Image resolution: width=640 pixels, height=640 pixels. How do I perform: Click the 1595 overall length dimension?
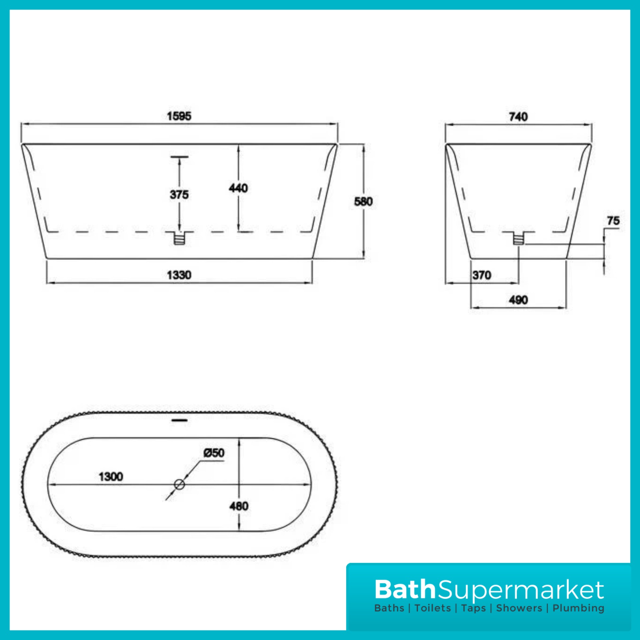coord(179,116)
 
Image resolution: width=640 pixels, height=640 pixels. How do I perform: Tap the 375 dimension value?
coord(179,194)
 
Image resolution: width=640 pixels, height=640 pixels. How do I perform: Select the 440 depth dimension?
coord(238,188)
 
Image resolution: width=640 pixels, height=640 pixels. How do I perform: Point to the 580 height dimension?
coord(363,201)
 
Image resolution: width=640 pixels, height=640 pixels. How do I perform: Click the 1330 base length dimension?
coord(179,275)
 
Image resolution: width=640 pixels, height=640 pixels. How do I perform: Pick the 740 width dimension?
coord(518,117)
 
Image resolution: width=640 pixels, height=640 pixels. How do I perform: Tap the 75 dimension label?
coord(613,221)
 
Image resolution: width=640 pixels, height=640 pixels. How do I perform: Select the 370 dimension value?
coord(482,275)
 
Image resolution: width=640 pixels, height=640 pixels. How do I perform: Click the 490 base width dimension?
coord(518,300)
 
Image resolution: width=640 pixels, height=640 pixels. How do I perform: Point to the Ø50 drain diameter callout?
coord(214,453)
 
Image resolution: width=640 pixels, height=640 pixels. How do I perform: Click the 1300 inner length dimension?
coord(111,477)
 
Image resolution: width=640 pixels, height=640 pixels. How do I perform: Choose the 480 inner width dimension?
coord(239,506)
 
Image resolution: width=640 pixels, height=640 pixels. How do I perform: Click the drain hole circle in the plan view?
coord(179,484)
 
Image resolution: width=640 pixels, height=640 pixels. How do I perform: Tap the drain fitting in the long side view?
coord(179,238)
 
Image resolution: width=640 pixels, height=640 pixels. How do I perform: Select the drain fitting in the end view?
coord(519,238)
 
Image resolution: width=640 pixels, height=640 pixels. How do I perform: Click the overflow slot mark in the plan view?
coord(179,420)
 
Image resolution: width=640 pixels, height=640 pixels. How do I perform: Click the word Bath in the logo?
coord(405,590)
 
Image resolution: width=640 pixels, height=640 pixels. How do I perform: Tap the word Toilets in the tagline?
coord(433,608)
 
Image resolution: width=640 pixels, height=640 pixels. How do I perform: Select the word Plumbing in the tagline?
coord(578,608)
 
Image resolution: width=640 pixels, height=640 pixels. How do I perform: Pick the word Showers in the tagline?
coord(519,608)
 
